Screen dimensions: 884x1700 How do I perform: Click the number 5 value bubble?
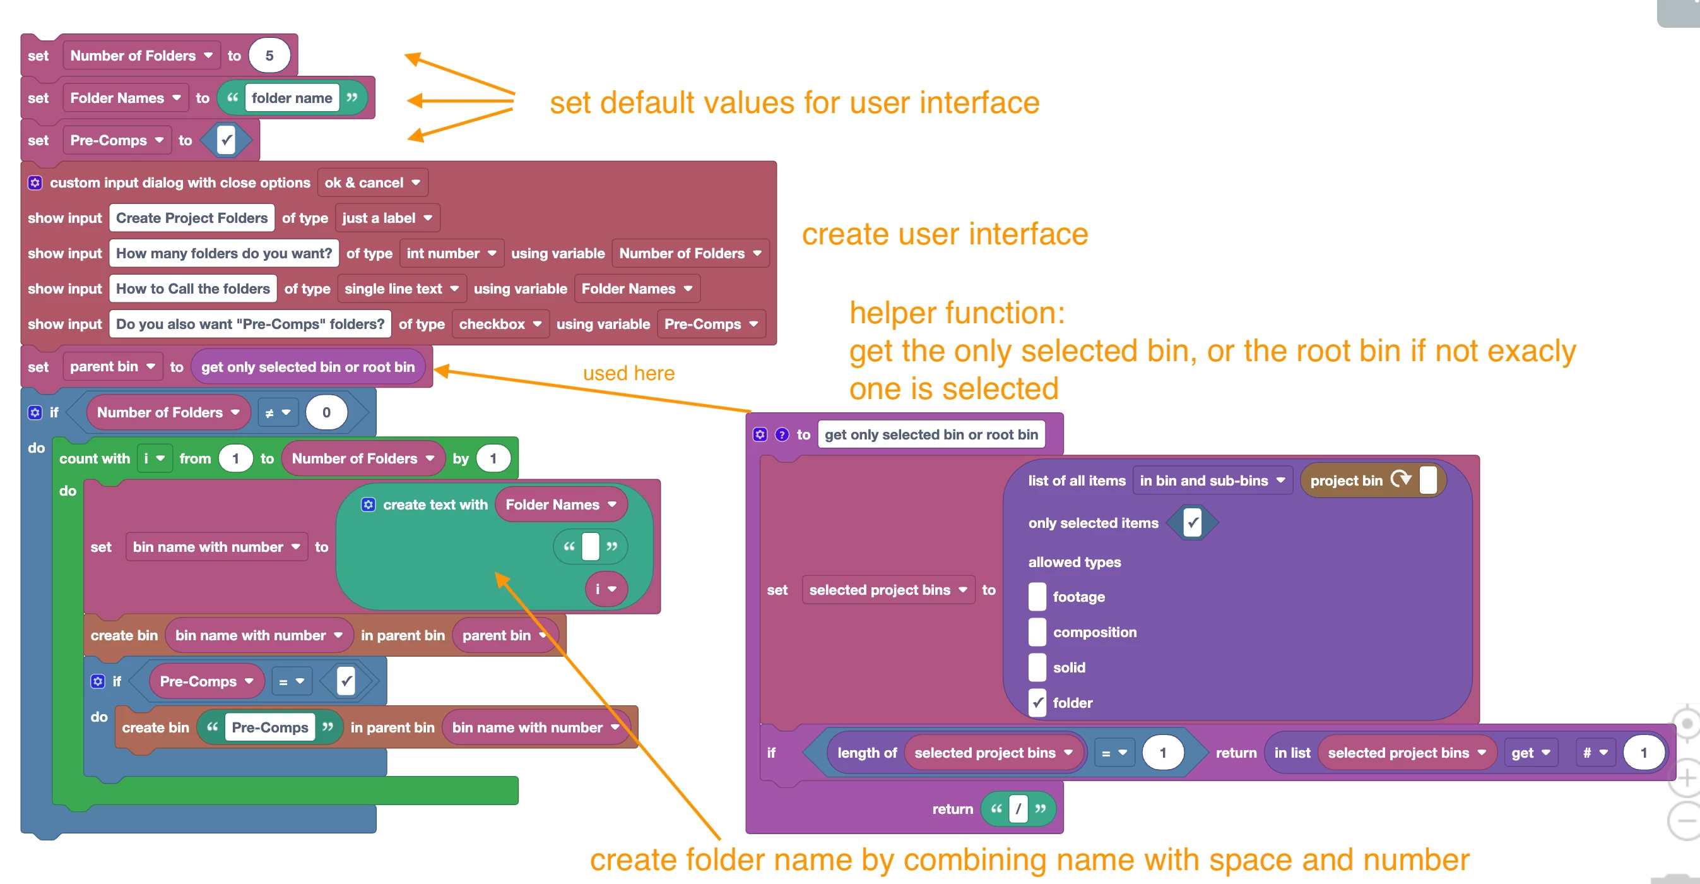pyautogui.click(x=269, y=56)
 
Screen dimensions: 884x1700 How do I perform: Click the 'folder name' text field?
pyautogui.click(x=292, y=98)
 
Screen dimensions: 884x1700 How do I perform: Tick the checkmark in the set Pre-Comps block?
pyautogui.click(x=227, y=140)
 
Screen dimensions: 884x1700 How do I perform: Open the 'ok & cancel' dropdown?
pyautogui.click(x=372, y=183)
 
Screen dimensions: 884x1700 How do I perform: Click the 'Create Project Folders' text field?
pyautogui.click(x=191, y=218)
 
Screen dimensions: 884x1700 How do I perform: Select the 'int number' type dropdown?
pyautogui.click(x=451, y=253)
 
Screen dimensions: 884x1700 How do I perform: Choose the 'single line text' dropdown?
pyautogui.click(x=401, y=289)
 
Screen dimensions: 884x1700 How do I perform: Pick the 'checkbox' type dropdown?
pyautogui.click(x=500, y=324)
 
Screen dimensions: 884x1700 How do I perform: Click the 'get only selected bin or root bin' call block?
pyautogui.click(x=308, y=367)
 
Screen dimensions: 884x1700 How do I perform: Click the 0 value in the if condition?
pyautogui.click(x=326, y=412)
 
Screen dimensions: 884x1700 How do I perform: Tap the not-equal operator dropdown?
pyautogui.click(x=277, y=412)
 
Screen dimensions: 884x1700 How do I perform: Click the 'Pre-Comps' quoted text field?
pyautogui.click(x=270, y=727)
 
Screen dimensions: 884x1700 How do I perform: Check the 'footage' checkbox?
pyautogui.click(x=1037, y=597)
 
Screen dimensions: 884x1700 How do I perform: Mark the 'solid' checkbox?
pyautogui.click(x=1037, y=667)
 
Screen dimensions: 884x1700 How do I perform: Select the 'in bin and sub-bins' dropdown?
pyautogui.click(x=1212, y=481)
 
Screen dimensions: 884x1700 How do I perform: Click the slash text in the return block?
pyautogui.click(x=1018, y=809)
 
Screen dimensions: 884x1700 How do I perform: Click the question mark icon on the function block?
pyautogui.click(x=782, y=434)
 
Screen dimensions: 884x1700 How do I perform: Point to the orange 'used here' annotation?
pyautogui.click(x=629, y=374)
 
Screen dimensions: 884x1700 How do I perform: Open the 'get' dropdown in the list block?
pyautogui.click(x=1530, y=753)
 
